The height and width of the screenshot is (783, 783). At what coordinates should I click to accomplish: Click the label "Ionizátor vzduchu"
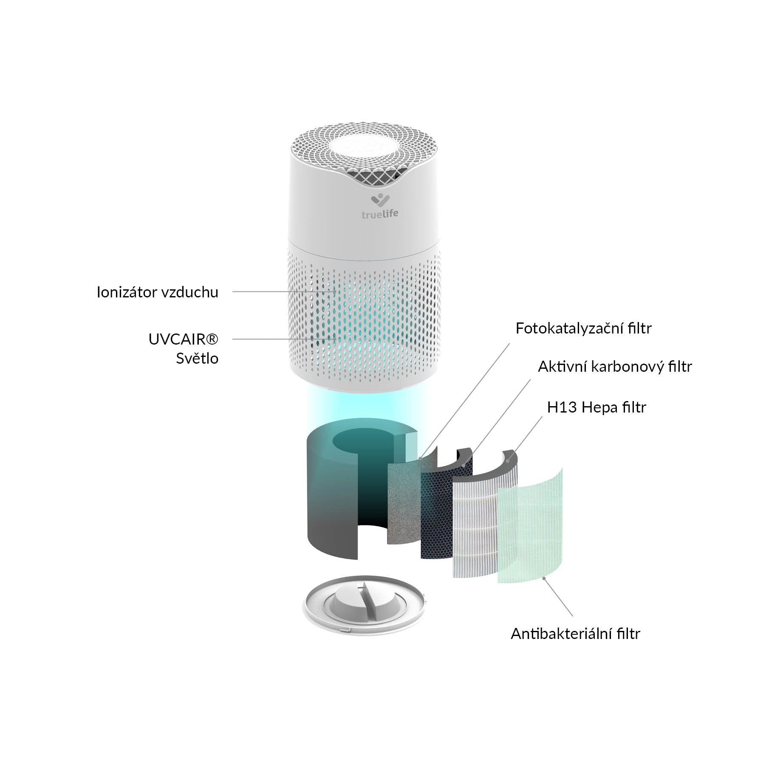157,292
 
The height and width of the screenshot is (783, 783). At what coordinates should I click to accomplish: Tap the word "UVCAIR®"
183,339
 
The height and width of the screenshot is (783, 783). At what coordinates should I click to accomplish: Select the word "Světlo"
197,359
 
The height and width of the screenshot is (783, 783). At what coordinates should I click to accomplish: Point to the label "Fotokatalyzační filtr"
583,328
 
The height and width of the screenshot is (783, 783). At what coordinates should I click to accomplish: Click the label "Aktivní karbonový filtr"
615,367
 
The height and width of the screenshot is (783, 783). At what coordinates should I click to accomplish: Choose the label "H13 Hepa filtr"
596,407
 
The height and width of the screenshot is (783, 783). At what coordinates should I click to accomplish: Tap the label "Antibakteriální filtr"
575,646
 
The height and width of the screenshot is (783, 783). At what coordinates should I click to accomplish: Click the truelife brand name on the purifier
380,214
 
